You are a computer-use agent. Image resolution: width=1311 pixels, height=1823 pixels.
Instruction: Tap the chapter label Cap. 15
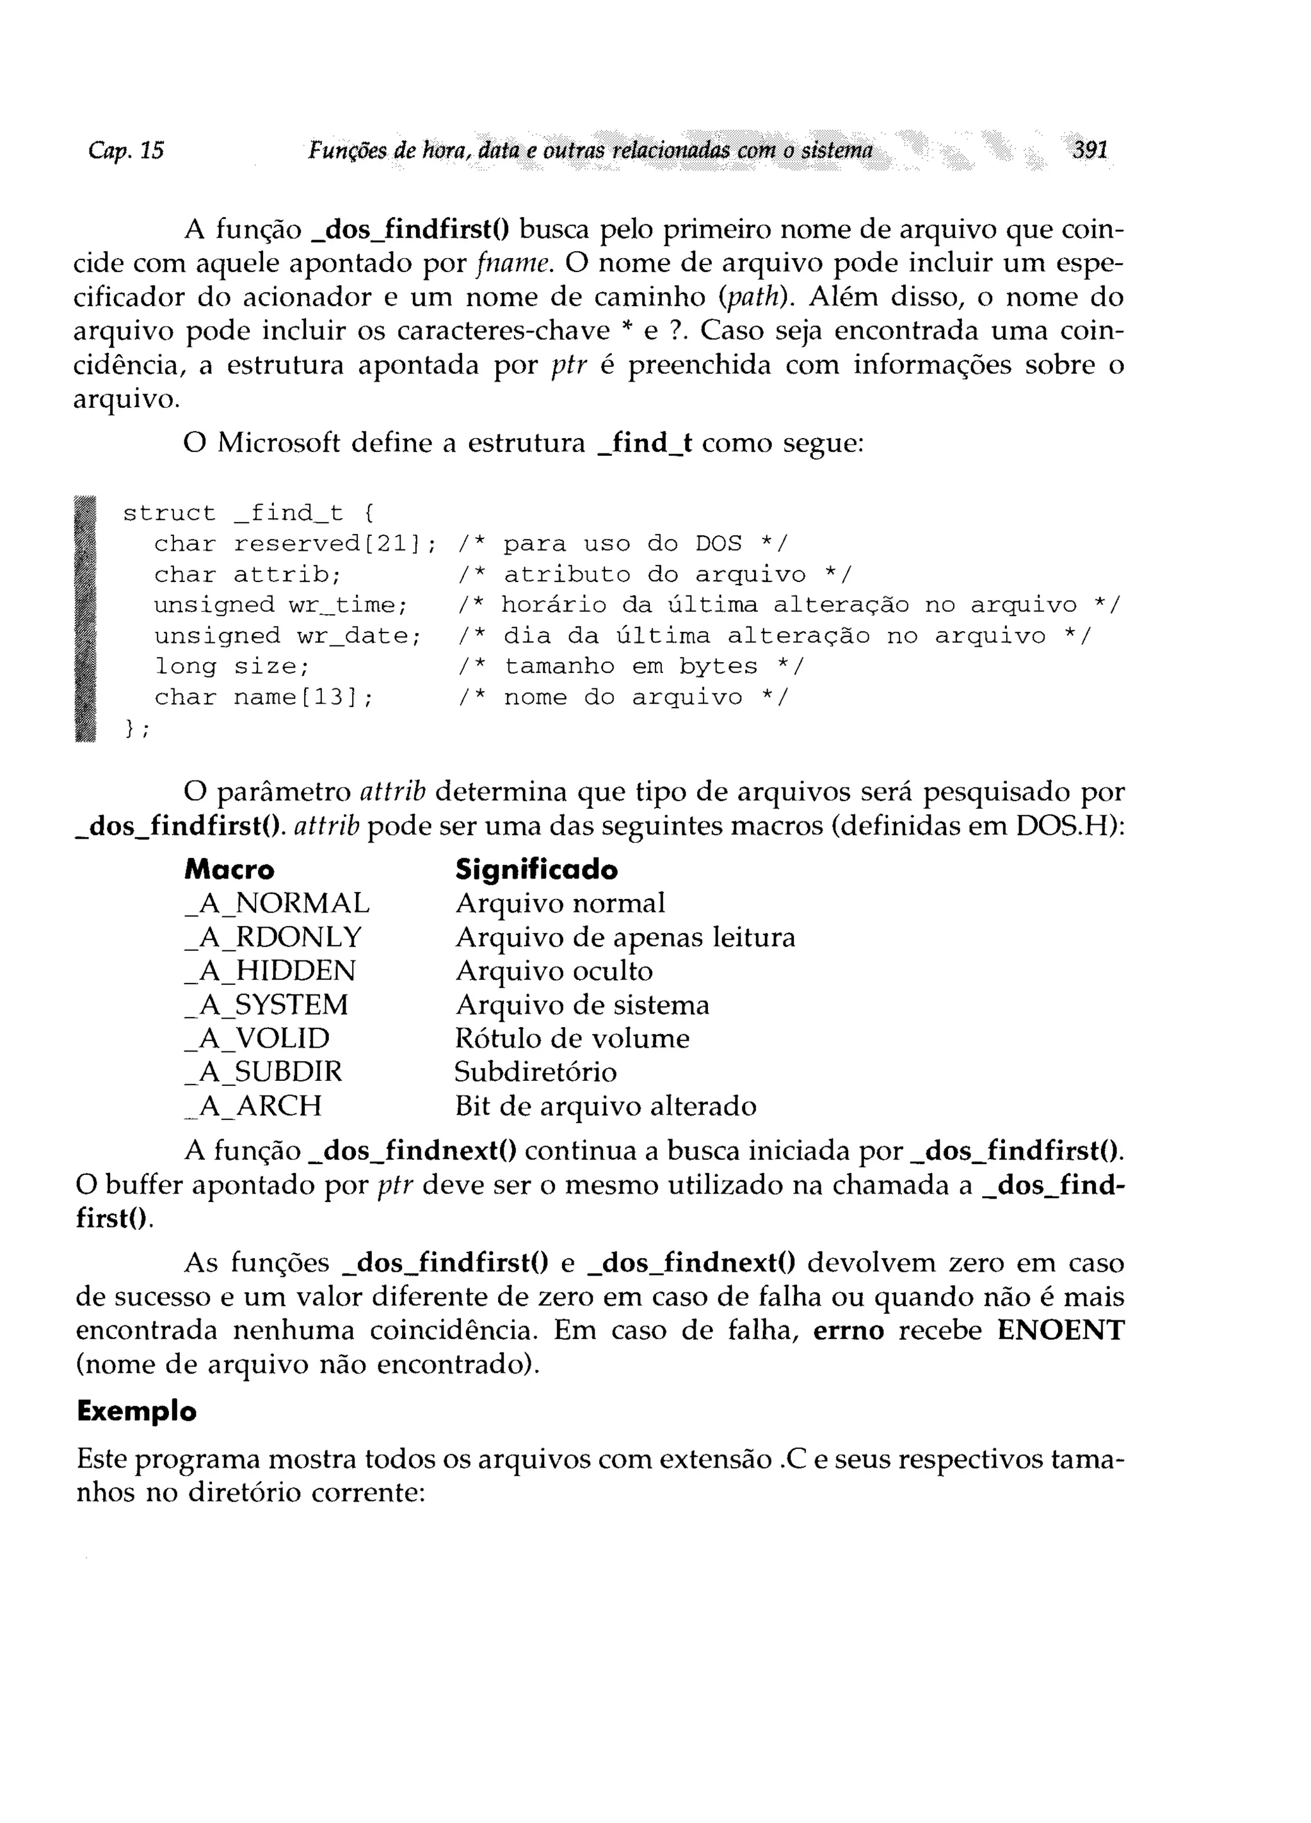pyautogui.click(x=126, y=150)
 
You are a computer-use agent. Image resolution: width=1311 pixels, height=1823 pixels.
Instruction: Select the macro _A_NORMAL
pyautogui.click(x=277, y=903)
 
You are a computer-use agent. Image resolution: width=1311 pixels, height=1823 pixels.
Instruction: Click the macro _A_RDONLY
pyautogui.click(x=273, y=937)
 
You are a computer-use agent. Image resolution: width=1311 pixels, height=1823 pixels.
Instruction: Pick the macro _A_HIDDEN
pyautogui.click(x=269, y=971)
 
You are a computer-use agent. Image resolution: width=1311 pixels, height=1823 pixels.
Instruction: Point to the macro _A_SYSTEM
pyautogui.click(x=266, y=1005)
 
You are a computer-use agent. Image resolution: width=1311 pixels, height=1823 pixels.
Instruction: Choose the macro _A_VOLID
pyautogui.click(x=257, y=1039)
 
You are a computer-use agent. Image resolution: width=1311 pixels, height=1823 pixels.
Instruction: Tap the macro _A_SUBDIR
pyautogui.click(x=263, y=1073)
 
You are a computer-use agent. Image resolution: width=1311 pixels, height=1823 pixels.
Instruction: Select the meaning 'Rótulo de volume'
pyautogui.click(x=572, y=1039)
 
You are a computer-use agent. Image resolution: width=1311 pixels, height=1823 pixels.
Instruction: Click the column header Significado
pyautogui.click(x=536, y=870)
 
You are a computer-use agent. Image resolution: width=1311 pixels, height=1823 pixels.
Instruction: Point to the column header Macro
pyautogui.click(x=229, y=870)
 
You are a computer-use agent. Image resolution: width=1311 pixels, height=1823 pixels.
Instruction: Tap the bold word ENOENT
pyautogui.click(x=1060, y=1331)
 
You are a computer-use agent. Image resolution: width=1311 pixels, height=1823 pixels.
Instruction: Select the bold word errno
pyautogui.click(x=848, y=1331)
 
